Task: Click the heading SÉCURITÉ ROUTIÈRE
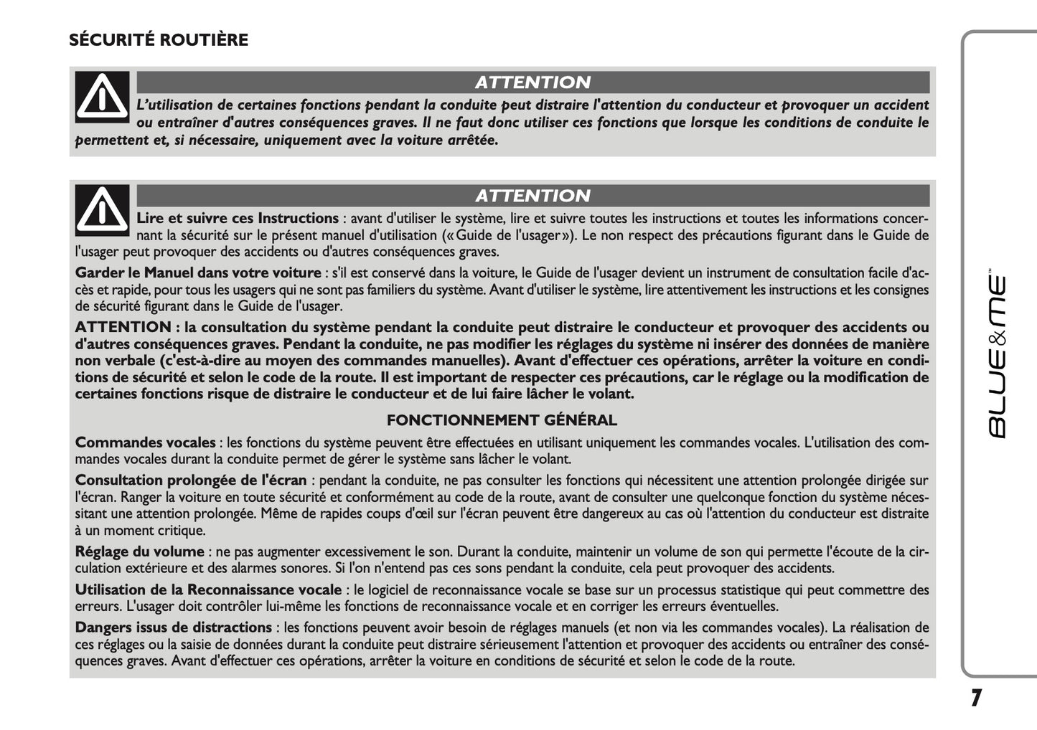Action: (159, 40)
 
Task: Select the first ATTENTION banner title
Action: (532, 82)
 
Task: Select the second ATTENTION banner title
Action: (532, 196)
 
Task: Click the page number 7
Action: (976, 698)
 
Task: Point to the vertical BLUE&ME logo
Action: (998, 356)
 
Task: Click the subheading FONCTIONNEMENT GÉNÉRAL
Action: (502, 420)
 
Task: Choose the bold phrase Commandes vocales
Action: (145, 443)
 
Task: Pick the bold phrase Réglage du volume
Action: (140, 551)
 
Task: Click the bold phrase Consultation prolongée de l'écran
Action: (191, 480)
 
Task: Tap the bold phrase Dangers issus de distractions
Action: (174, 627)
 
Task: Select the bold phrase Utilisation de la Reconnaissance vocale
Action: (208, 589)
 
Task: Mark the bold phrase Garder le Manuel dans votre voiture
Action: (198, 272)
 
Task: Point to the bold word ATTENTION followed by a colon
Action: (123, 327)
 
